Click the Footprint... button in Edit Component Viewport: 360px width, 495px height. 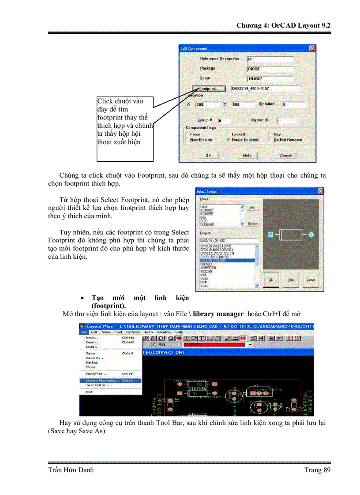209,88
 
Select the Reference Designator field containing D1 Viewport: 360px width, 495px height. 270,59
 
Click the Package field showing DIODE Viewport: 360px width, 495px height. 270,69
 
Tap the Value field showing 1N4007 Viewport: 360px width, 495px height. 270,78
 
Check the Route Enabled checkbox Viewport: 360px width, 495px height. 228,140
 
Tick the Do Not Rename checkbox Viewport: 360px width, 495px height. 270,140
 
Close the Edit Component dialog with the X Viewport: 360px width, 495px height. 312,48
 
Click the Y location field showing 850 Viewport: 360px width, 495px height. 243,105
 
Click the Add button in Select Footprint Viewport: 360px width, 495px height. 252,207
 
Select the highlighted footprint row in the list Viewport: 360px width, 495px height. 227,261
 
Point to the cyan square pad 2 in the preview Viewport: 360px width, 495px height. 271,234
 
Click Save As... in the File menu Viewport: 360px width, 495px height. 93,358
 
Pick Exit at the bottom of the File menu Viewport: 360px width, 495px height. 89,392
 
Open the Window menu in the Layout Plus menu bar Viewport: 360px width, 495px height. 164,332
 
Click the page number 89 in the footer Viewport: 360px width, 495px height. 326,470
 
